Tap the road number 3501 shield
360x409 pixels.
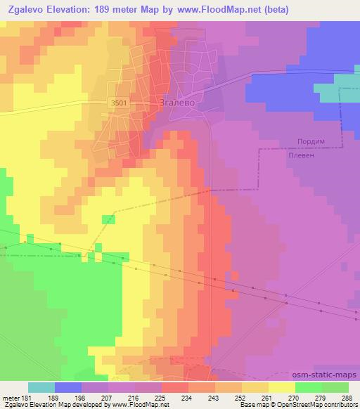pyautogui.click(x=118, y=103)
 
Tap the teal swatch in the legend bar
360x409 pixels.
pyautogui.click(x=41, y=387)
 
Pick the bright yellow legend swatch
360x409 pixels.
pyautogui.click(x=281, y=387)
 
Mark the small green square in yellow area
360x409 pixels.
pyautogui.click(x=108, y=220)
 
